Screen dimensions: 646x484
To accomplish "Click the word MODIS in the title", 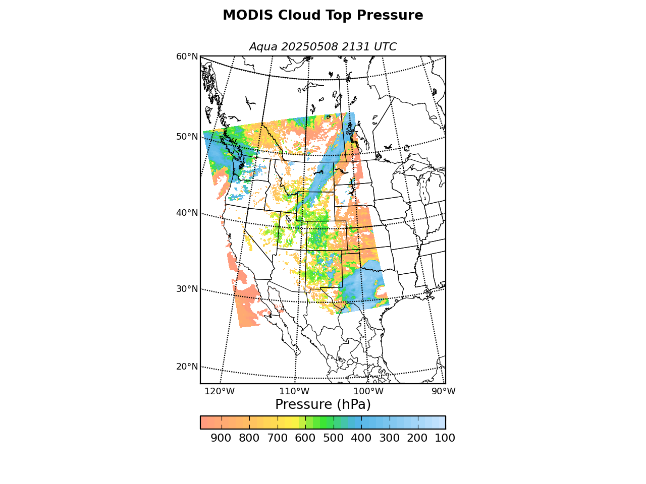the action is [248, 15].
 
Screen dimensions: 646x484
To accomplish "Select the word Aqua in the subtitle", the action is [263, 47].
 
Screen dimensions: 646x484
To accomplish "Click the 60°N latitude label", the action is [187, 56].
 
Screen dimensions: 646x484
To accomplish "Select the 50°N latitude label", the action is [187, 137].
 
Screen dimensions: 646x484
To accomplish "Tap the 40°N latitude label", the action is [187, 213].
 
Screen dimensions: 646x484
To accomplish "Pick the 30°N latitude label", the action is [187, 289].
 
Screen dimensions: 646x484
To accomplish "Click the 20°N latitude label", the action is [187, 367].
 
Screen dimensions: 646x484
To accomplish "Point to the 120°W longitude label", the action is [220, 391].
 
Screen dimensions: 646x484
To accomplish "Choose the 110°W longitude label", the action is [294, 391].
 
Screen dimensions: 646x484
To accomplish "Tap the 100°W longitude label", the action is [368, 391].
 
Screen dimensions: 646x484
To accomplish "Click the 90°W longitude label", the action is [444, 391].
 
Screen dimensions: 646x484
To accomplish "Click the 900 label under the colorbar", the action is [221, 438].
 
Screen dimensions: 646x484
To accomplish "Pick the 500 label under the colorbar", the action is [333, 438].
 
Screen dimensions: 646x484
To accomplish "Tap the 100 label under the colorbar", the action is [445, 438].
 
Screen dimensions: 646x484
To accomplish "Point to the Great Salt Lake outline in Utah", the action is [288, 219].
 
